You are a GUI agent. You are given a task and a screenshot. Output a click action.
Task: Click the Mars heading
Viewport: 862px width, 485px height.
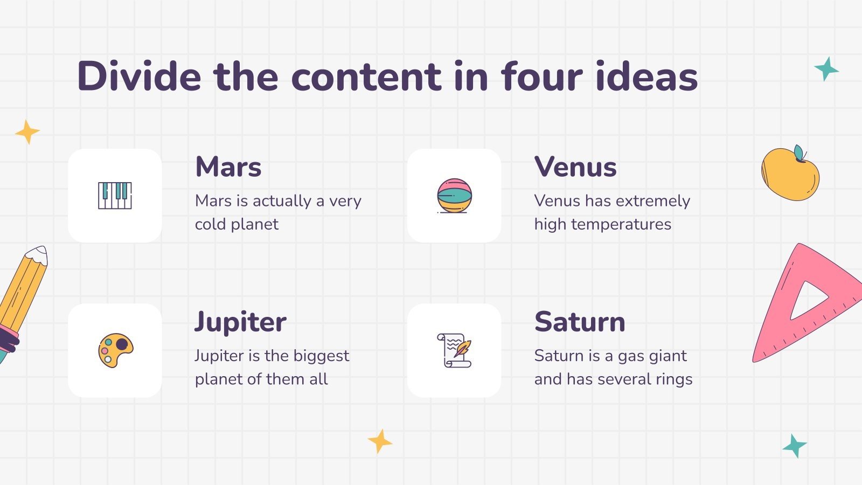coord(228,167)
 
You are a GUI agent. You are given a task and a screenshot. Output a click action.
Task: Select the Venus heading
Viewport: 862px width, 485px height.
coord(575,167)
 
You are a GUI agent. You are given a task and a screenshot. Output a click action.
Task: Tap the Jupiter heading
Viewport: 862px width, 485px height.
coord(240,322)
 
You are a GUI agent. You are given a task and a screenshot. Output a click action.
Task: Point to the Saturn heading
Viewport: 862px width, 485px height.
coord(580,322)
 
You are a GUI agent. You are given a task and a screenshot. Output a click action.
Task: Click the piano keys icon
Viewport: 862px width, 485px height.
coord(115,196)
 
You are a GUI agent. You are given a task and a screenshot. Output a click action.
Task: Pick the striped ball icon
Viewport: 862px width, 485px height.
coord(454,196)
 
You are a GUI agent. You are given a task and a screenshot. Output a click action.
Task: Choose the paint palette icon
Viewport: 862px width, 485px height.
coord(115,350)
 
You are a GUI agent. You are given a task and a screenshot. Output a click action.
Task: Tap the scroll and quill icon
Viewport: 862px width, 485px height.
coord(454,350)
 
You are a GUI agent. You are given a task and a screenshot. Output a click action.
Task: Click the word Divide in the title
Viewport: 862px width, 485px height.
coord(140,76)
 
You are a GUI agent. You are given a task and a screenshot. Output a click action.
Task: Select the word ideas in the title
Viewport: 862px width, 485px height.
coord(646,76)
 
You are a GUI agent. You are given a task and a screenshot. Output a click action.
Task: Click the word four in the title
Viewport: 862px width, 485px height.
coord(541,76)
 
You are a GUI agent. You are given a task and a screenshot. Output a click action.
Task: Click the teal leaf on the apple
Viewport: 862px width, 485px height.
coord(800,153)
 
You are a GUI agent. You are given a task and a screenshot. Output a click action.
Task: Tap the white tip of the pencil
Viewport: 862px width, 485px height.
coord(38,255)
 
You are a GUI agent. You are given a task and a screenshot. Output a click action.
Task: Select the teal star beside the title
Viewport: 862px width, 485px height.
coord(826,70)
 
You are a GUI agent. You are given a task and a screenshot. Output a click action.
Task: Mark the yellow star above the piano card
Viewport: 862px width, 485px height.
coord(27,132)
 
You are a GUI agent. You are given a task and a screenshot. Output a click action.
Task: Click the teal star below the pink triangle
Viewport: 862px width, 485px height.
coord(795,446)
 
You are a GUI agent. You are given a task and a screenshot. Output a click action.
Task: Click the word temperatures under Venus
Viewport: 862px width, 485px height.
coord(621,225)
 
